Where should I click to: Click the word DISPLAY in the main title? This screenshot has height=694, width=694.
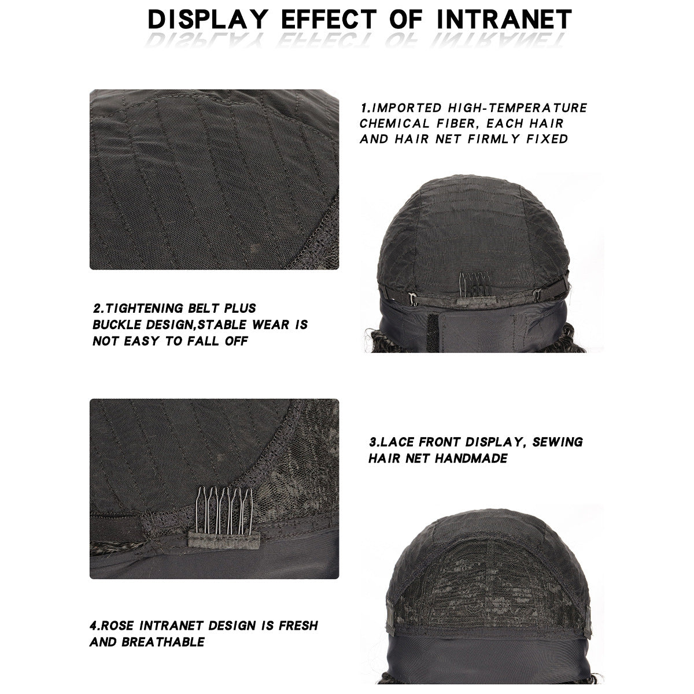[208, 19]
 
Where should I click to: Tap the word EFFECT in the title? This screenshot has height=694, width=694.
[328, 19]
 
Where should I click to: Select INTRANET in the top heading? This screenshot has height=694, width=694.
[504, 19]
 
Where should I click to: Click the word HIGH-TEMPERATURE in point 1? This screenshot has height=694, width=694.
[517, 108]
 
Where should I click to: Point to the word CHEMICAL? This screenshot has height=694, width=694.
[394, 123]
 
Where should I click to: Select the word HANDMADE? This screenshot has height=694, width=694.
[471, 458]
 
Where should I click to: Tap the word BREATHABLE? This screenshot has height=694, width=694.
[163, 642]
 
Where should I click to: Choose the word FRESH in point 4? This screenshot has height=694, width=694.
[298, 626]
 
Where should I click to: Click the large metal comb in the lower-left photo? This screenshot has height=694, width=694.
[224, 510]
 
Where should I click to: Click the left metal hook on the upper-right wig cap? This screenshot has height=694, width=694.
[413, 298]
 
